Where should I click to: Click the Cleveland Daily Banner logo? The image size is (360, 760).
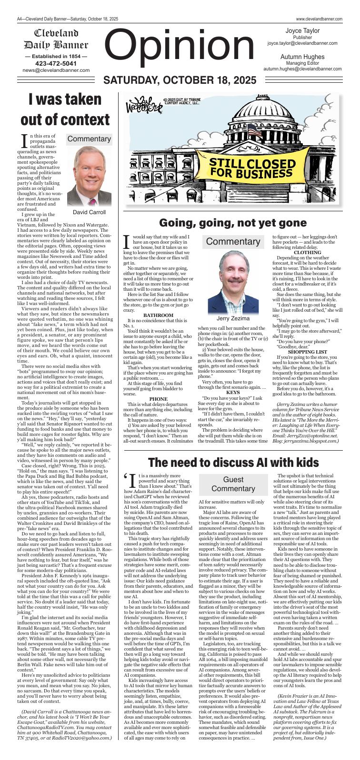[56, 39]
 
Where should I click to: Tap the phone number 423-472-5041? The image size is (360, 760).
[56, 63]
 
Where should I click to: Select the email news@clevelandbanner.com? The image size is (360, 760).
[56, 70]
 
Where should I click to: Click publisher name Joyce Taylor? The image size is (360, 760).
[302, 30]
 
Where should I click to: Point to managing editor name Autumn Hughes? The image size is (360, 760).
[302, 56]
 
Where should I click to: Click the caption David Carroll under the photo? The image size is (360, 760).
[89, 212]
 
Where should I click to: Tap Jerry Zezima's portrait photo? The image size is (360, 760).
[233, 280]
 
